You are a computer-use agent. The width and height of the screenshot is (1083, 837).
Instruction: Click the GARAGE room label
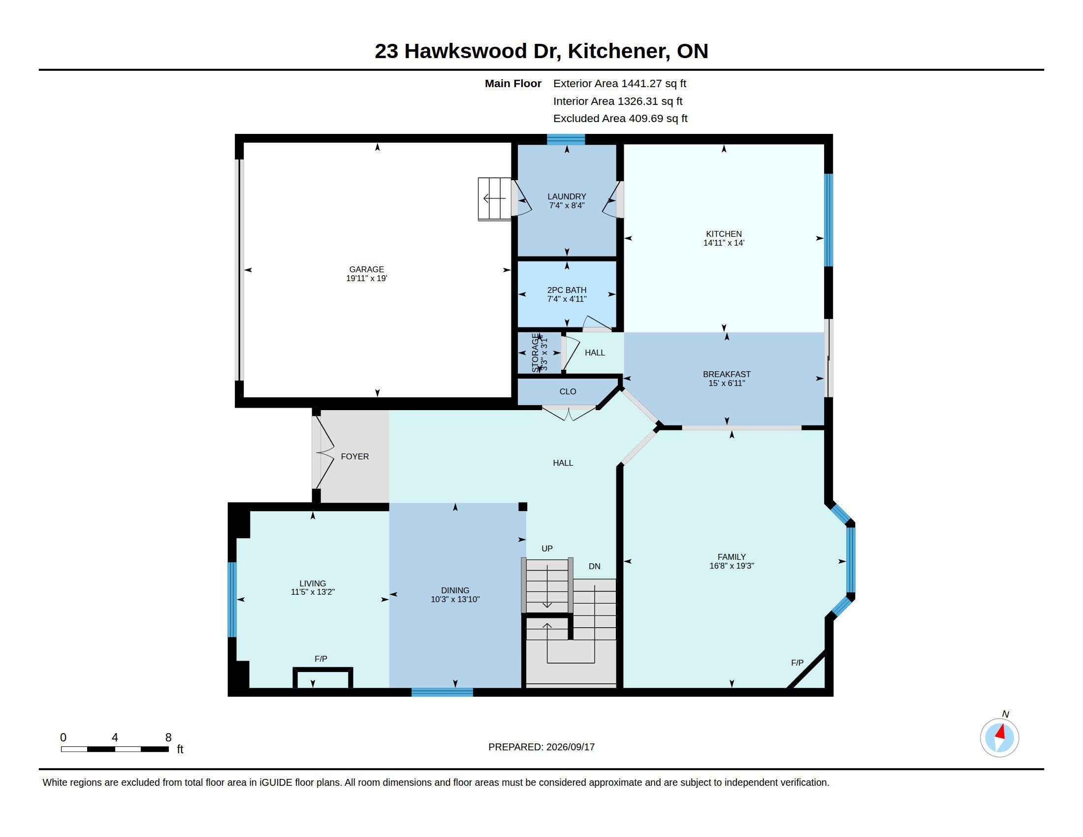pos(366,269)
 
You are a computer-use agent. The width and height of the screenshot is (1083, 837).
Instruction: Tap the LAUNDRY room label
pos(567,196)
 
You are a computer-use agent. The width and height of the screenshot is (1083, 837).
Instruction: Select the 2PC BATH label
pos(567,290)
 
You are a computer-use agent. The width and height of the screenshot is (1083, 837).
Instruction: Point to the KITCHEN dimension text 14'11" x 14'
pos(724,243)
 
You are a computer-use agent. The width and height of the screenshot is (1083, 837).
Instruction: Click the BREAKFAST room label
pos(727,374)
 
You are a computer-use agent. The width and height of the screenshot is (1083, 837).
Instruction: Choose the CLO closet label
pos(568,391)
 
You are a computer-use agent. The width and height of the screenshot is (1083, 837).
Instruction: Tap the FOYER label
pos(355,456)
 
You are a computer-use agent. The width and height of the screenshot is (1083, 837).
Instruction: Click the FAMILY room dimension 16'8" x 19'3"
pos(732,566)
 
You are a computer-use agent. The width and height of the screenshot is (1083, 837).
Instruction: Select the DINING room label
pos(455,590)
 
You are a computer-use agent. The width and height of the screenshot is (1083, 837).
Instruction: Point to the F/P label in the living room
pos(321,658)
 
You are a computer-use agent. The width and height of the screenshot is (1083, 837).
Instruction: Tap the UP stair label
pos(547,548)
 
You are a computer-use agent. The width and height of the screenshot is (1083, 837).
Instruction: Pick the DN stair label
pos(595,566)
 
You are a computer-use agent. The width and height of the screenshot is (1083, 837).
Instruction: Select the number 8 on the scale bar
pos(168,738)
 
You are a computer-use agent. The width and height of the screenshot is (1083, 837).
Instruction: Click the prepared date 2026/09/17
pos(570,747)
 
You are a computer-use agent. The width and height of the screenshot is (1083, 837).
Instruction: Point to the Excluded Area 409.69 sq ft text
pos(620,119)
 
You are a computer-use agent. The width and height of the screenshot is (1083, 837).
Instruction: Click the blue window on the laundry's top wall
pos(566,139)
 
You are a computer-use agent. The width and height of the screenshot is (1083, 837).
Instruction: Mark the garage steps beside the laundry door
pos(494,199)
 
